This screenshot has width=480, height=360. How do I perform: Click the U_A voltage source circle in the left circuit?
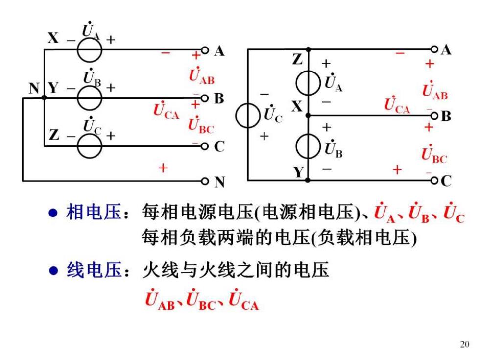[x=77, y=50]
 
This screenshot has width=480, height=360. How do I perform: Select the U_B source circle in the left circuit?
[x=77, y=98]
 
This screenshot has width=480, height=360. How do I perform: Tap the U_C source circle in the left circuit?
[x=77, y=146]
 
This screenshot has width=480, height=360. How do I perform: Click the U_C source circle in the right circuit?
[x=236, y=116]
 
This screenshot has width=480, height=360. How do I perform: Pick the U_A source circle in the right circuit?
[x=296, y=83]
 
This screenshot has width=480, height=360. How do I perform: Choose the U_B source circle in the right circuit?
[x=296, y=146]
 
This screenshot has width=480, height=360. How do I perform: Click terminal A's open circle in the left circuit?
[x=205, y=50]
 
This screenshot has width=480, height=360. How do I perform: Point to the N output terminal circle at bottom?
[x=205, y=181]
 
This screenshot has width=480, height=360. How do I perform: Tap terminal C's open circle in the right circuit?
[x=434, y=180]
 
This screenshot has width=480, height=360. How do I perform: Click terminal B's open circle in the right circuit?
[x=434, y=116]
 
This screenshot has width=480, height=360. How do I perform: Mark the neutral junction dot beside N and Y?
[x=44, y=97]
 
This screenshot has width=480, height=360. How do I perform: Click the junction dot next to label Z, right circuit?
[x=308, y=49]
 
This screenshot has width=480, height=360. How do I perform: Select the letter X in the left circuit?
[x=53, y=38]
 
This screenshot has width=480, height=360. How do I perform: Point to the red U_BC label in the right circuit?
[x=434, y=154]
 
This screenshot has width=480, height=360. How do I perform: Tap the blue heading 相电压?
[x=94, y=212]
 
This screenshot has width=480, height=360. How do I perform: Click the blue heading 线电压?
[x=94, y=270]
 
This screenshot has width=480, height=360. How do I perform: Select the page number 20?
[x=464, y=344]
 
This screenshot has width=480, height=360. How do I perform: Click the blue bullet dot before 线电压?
[x=53, y=271]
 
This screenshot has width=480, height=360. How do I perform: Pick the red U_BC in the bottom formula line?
[x=201, y=300]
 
